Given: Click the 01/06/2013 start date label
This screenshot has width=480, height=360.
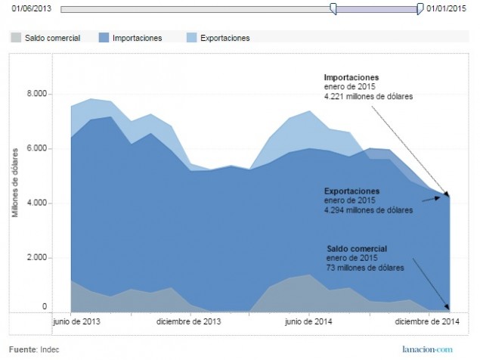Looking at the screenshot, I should [31, 8].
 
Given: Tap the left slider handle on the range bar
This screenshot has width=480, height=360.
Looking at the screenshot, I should [333, 8].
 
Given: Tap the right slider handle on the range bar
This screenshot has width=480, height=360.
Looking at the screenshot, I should [420, 8].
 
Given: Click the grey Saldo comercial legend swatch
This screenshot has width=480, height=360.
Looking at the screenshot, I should [16, 37].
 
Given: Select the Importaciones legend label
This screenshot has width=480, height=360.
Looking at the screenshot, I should [137, 37].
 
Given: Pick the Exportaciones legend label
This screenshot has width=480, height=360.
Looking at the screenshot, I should [225, 37].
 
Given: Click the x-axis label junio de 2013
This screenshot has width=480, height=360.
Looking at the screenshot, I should [78, 321].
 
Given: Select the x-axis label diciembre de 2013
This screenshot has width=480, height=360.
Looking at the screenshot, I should [190, 321].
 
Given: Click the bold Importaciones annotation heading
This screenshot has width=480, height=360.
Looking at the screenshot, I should [351, 77].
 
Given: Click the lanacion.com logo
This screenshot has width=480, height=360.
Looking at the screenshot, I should [427, 349].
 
